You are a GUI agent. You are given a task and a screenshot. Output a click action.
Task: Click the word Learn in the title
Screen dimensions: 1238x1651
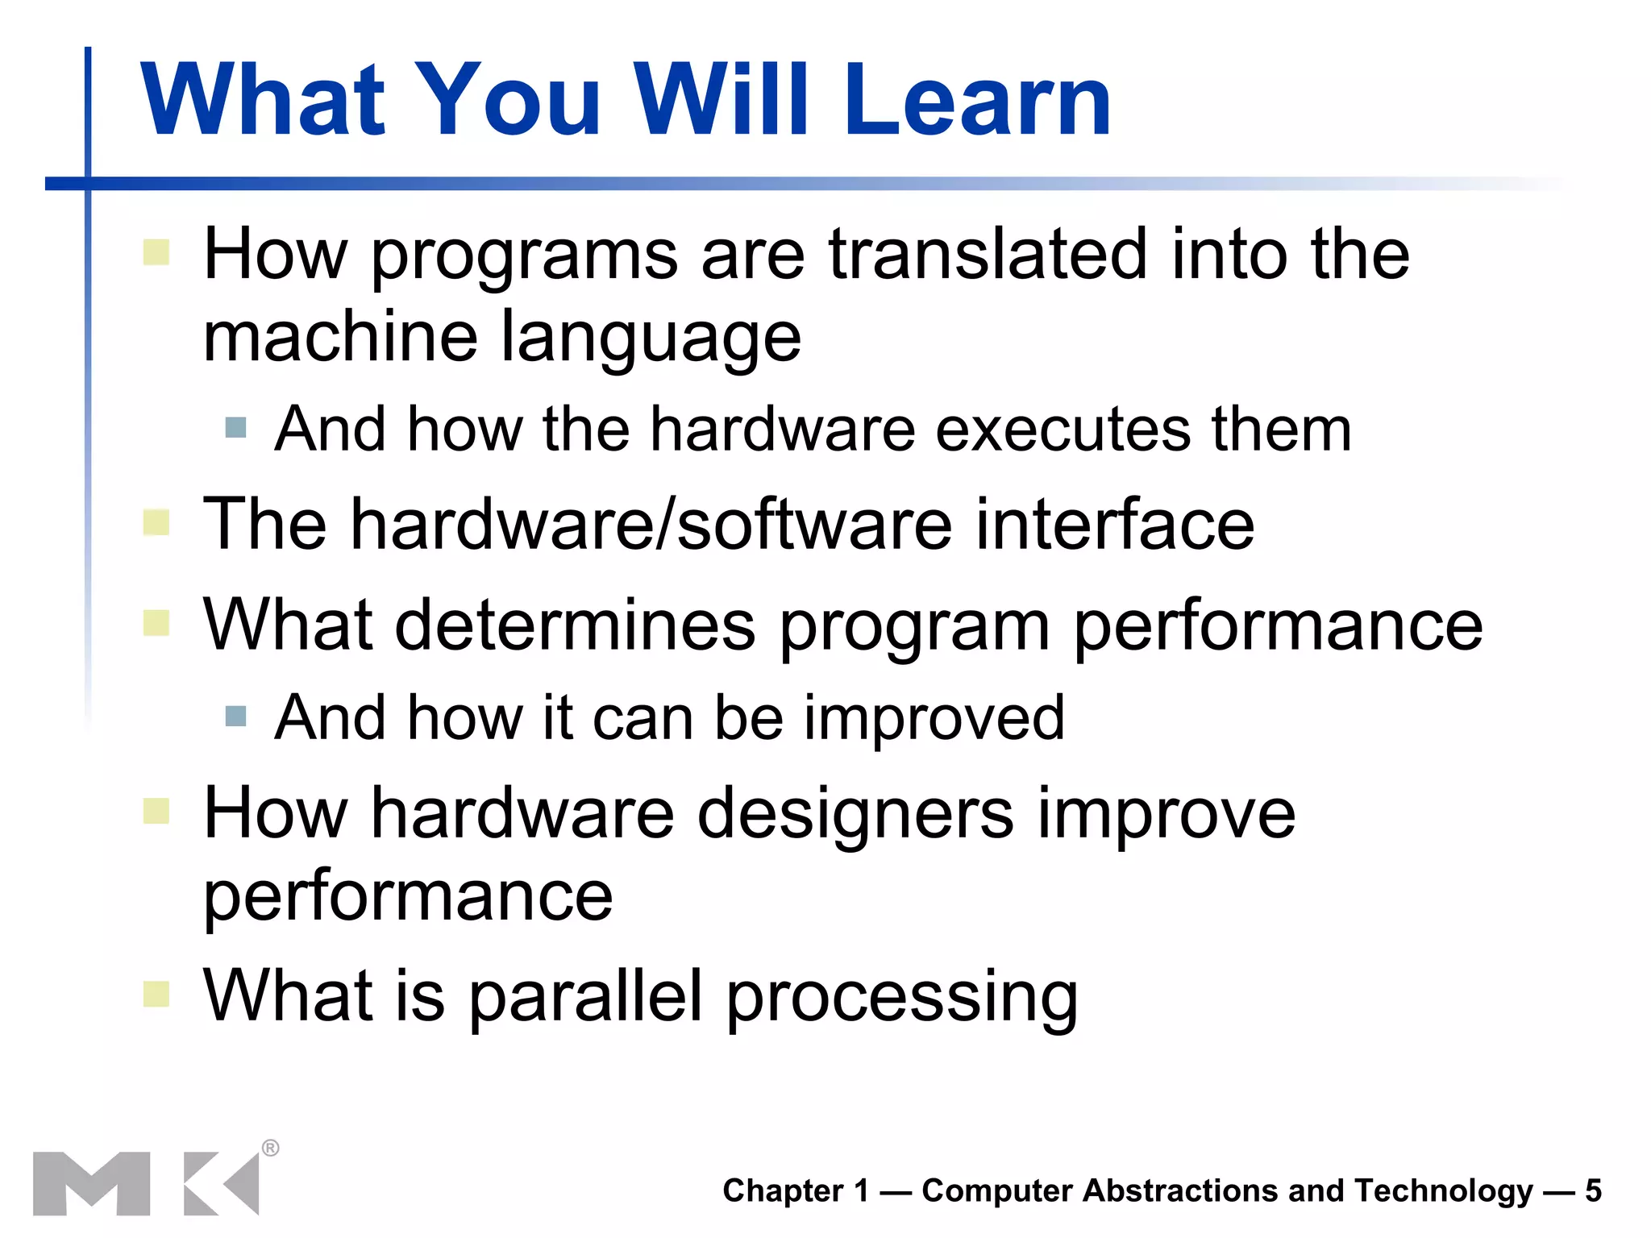[977, 101]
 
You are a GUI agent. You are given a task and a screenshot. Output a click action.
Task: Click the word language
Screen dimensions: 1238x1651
[651, 339]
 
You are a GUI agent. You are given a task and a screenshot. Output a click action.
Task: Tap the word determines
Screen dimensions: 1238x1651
[575, 625]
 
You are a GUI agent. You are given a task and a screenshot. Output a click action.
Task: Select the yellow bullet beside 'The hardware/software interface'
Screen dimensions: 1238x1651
[156, 523]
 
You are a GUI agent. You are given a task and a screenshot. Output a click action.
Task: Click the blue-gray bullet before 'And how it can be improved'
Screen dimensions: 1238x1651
[235, 716]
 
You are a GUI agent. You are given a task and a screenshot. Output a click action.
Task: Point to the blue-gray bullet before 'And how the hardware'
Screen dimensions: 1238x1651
[235, 427]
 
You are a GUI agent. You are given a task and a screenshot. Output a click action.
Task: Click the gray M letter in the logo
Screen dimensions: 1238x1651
[91, 1183]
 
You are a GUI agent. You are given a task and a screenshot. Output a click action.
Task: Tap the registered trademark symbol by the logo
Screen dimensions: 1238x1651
[271, 1148]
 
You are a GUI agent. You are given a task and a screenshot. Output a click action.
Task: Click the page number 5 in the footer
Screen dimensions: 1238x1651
[1593, 1191]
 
